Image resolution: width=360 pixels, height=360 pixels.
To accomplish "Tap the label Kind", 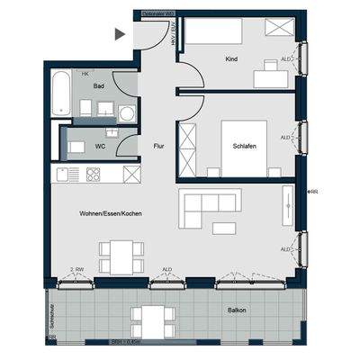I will pyautogui.click(x=232, y=59).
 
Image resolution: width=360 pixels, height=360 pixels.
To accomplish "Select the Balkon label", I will pyautogui.click(x=238, y=311).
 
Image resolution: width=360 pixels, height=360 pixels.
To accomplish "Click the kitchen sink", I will pyautogui.click(x=65, y=173).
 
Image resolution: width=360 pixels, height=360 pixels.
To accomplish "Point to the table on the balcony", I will pyautogui.click(x=152, y=319).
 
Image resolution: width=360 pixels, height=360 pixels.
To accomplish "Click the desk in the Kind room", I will pyautogui.click(x=269, y=76).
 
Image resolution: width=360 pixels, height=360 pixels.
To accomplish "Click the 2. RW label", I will pyautogui.click(x=76, y=270).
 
